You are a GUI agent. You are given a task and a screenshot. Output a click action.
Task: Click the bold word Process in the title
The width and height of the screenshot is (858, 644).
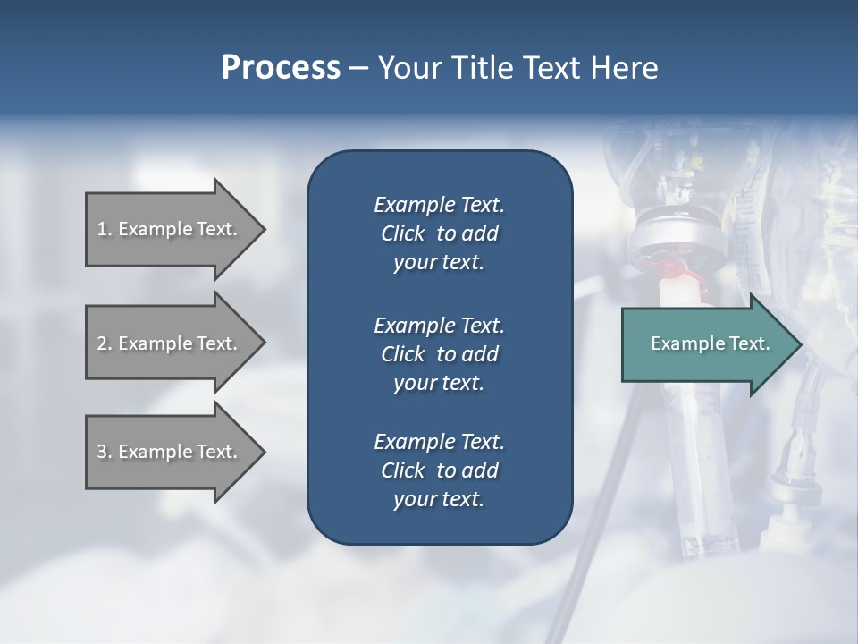point(281,68)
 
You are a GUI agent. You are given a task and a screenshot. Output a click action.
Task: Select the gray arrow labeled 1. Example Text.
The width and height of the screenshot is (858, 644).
point(170,229)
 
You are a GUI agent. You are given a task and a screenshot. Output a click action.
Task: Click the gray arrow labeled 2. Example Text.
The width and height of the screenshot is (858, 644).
point(170,343)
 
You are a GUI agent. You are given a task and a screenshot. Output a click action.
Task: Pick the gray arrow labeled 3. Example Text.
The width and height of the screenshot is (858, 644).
point(170,452)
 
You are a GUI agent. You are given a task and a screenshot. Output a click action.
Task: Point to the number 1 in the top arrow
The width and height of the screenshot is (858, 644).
point(102,229)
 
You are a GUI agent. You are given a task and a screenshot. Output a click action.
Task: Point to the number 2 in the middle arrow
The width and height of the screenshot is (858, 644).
point(102,343)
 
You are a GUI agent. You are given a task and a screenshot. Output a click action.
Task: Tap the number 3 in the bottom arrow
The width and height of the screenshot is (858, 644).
point(102,452)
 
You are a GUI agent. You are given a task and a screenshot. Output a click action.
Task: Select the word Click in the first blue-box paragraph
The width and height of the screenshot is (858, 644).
point(402,233)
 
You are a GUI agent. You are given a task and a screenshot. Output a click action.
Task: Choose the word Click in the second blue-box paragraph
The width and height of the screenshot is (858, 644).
point(402,354)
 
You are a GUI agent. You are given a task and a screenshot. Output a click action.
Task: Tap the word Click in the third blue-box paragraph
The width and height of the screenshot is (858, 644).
point(402,470)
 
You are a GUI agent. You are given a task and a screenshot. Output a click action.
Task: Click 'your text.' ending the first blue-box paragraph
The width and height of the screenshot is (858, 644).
point(439,263)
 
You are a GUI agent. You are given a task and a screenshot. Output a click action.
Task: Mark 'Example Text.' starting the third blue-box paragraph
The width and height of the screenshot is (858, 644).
point(439,442)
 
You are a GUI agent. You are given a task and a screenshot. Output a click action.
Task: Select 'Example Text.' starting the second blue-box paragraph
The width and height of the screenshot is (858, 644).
point(439,326)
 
